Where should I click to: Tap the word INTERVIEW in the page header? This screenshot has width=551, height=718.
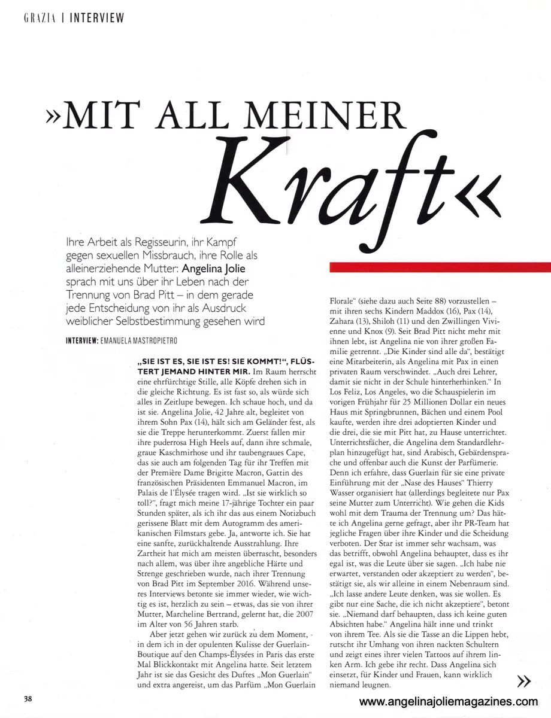coord(97,18)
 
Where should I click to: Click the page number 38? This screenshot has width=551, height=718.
coord(28,698)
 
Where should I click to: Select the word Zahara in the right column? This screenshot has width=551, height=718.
coord(345,322)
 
